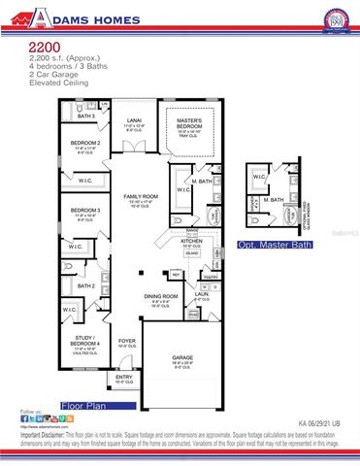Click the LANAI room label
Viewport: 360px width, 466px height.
coord(133,122)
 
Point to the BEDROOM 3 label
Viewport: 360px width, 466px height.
coord(85,210)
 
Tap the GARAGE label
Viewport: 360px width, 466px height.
coord(182,356)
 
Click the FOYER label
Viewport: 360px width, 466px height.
coord(127,341)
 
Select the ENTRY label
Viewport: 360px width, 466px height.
coord(124,377)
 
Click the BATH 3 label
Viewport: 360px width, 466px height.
coord(86,116)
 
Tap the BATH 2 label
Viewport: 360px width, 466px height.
coord(85,285)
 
